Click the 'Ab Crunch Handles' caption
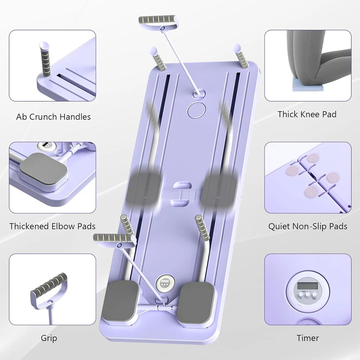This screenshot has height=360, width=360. pos(53,117)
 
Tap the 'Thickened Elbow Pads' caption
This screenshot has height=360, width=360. pos(53,226)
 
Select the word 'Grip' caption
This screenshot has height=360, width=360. pos(49,338)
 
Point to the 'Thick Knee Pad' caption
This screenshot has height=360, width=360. pos(307,114)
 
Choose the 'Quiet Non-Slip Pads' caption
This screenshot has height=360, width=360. pos(308,226)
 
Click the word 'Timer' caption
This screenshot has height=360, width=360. pos(308,338)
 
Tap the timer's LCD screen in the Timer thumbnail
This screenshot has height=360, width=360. pos(307,287)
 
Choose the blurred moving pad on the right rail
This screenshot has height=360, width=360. pos(220,189)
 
